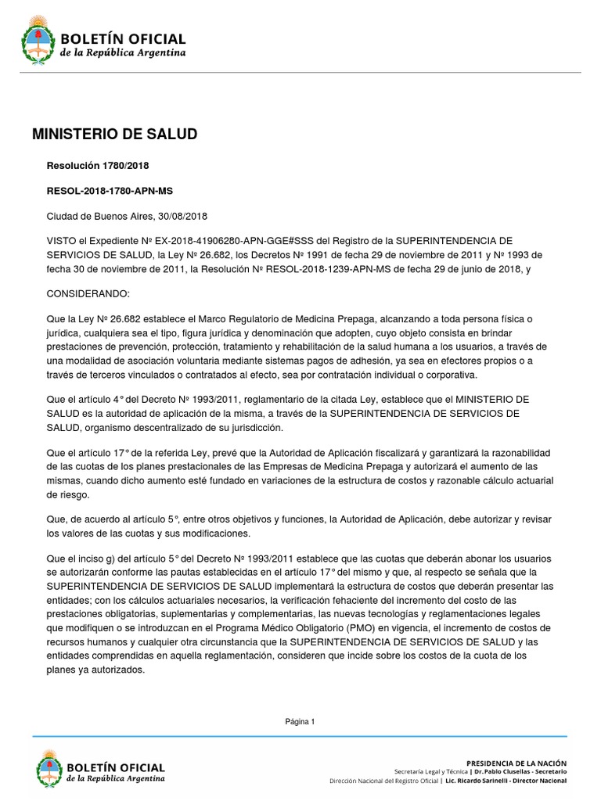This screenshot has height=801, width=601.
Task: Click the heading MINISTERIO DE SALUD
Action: pyautogui.click(x=114, y=135)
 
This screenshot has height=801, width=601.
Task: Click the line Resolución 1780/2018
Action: pyautogui.click(x=99, y=166)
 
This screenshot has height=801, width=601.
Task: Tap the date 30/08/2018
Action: pyautogui.click(x=182, y=216)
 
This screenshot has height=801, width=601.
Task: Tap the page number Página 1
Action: pyautogui.click(x=300, y=722)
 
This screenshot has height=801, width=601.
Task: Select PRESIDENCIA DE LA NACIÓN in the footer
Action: pyautogui.click(x=516, y=762)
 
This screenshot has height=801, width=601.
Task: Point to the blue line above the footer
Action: pyautogui.click(x=300, y=736)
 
